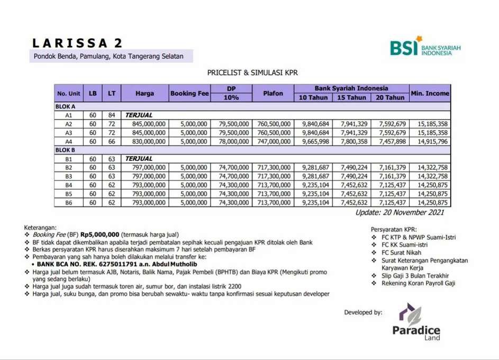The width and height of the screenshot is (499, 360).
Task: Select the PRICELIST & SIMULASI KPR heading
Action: [249, 73]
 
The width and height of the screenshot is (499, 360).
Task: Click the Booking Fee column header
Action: [189, 93]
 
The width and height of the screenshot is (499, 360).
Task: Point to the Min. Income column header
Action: [430, 93]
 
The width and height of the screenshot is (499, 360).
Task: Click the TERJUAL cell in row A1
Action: [139, 115]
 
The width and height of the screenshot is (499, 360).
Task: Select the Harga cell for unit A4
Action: [144, 141]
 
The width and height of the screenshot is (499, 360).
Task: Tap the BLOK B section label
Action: [66, 150]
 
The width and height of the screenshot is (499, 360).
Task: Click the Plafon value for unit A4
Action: [274, 141]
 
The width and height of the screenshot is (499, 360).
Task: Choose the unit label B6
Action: [69, 203]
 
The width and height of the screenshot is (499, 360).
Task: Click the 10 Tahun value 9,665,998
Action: [314, 141]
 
